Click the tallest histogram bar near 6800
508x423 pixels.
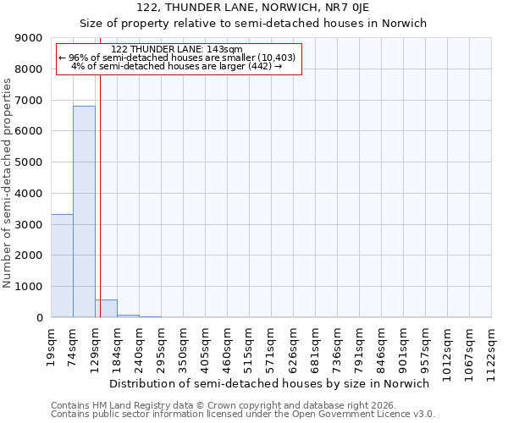pyautogui.click(x=84, y=211)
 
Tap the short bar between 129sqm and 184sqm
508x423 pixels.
pyautogui.click(x=106, y=309)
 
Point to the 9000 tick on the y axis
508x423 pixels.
pyautogui.click(x=30, y=38)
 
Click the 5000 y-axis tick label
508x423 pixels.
pyautogui.click(x=30, y=162)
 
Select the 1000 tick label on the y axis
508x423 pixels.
pyautogui.click(x=30, y=287)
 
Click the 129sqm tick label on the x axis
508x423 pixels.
pyautogui.click(x=95, y=348)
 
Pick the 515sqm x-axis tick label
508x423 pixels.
pyautogui.click(x=249, y=348)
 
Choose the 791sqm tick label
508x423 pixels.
pyautogui.click(x=359, y=348)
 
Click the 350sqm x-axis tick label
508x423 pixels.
pyautogui.click(x=183, y=348)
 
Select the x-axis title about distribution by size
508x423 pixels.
pyautogui.click(x=270, y=383)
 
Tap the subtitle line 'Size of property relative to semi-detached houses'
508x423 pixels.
pyautogui.click(x=253, y=24)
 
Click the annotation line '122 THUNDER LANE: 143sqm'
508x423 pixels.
pyautogui.click(x=177, y=50)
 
